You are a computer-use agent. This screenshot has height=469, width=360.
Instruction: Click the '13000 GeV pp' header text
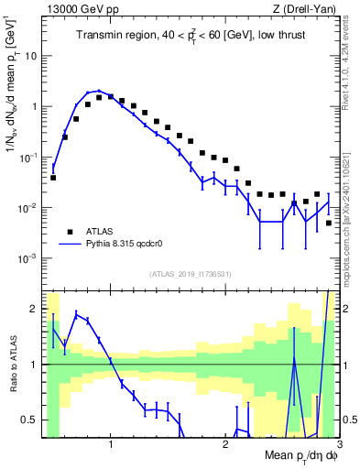(x=80, y=10)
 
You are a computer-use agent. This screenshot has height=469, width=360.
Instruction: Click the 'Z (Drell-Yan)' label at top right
(x=308, y=10)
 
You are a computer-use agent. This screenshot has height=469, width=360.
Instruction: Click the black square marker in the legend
(x=68, y=232)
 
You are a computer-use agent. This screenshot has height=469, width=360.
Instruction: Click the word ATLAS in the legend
(x=100, y=232)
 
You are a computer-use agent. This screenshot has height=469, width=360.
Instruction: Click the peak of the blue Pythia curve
(x=99, y=91)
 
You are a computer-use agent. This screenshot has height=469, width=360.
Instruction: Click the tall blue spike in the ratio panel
(x=294, y=357)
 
